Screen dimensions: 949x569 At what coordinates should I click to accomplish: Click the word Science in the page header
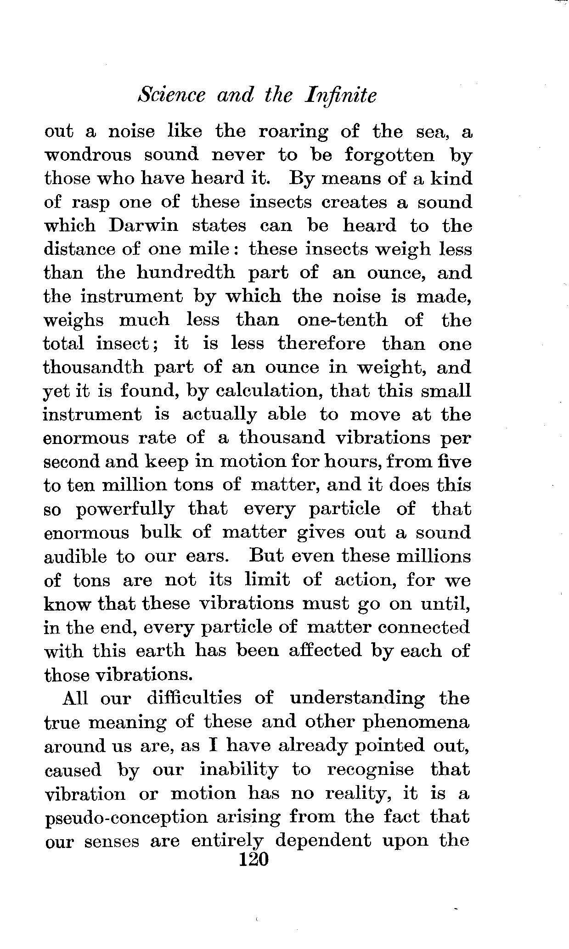[172, 96]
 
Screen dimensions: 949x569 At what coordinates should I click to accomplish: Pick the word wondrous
[87, 155]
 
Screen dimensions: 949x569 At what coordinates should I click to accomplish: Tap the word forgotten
[389, 155]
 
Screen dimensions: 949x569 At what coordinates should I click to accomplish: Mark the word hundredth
[186, 273]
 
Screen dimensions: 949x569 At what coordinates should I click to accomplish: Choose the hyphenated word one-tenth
[342, 320]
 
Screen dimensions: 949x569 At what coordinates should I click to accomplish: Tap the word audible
[75, 557]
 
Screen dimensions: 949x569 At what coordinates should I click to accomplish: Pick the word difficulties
[194, 698]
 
